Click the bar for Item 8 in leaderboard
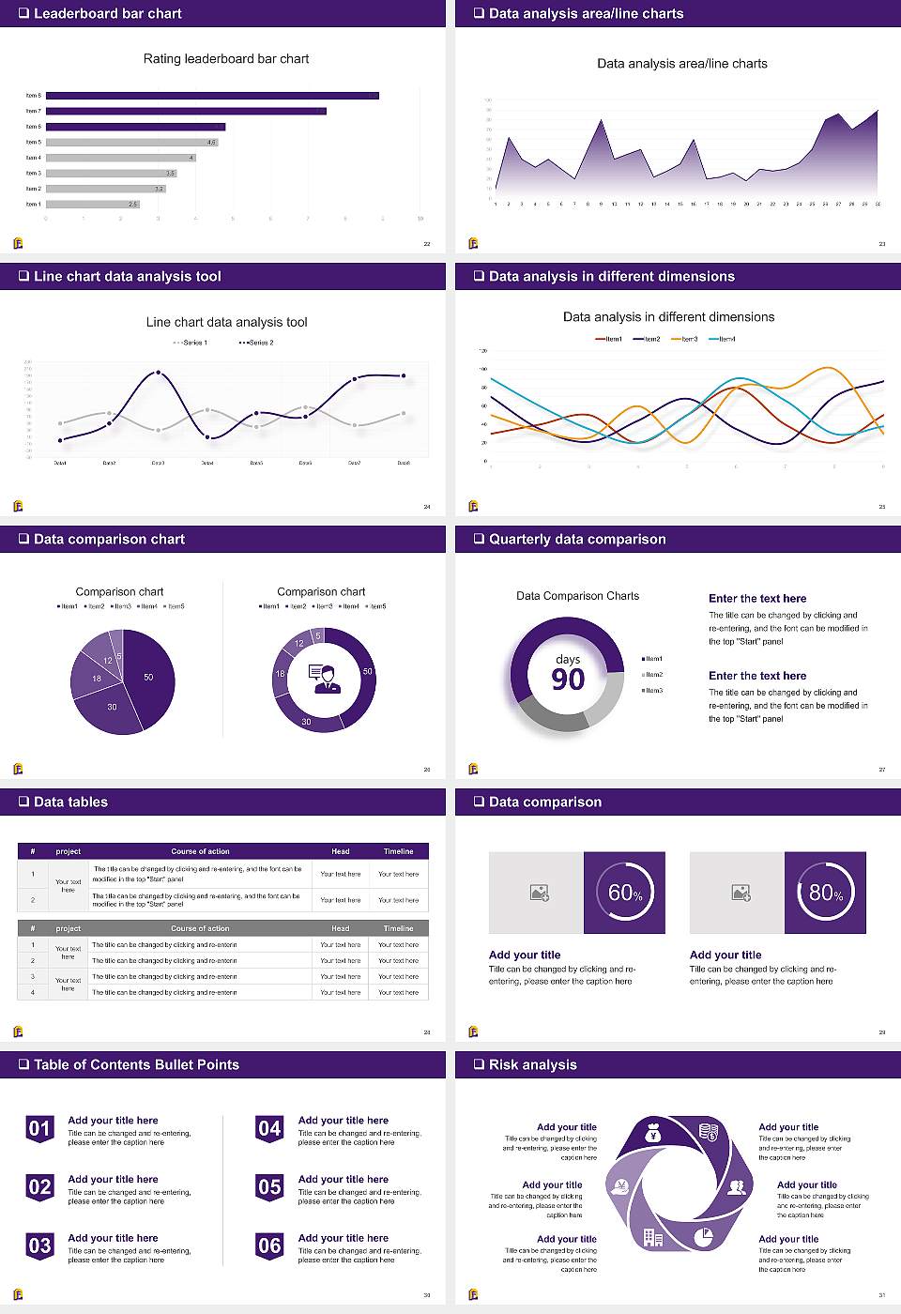[x=212, y=96]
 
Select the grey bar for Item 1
[x=92, y=204]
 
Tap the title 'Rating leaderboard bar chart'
[x=226, y=58]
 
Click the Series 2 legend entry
[x=256, y=343]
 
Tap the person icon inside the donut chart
[x=325, y=679]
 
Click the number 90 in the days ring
[x=568, y=680]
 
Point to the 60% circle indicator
[x=624, y=893]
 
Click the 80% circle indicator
[x=825, y=893]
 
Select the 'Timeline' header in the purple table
[x=398, y=851]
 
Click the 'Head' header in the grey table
[x=340, y=928]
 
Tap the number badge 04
[x=269, y=1129]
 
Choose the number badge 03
[x=39, y=1246]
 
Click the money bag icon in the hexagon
[x=654, y=1135]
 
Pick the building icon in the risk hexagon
[x=653, y=1238]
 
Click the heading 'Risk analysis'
[x=532, y=1064]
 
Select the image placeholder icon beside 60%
[x=539, y=893]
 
